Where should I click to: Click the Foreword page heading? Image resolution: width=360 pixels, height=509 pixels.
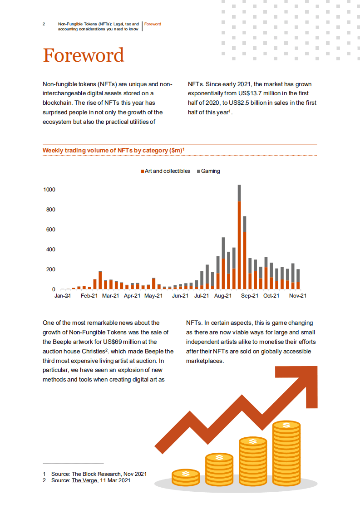pos(83,55)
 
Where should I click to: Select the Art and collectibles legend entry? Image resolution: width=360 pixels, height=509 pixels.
pos(165,171)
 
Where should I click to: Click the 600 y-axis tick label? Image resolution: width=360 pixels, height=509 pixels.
pos(50,230)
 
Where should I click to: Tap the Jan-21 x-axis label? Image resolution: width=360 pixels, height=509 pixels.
pos(63,296)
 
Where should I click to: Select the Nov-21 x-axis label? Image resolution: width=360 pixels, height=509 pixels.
pos(298,296)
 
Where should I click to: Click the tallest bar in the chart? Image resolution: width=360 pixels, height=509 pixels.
pos(239,236)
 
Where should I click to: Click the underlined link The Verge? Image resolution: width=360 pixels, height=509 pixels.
pos(84,480)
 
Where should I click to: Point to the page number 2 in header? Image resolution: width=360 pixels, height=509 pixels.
pos(44,24)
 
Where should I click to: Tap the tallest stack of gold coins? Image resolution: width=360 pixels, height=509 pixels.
pos(286,454)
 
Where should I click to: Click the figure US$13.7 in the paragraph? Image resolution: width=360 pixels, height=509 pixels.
pos(245,93)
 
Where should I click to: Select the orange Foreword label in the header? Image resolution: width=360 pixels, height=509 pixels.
pos(153,24)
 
